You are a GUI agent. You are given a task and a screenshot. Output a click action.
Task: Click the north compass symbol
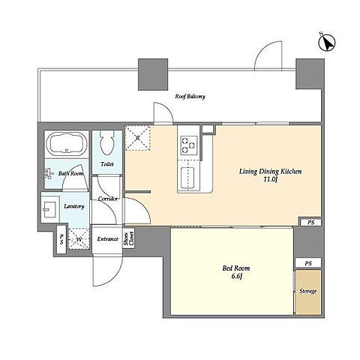[x=327, y=43]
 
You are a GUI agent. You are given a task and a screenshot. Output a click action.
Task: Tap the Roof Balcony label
[x=190, y=97]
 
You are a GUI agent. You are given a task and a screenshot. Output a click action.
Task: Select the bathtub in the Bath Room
[x=67, y=144]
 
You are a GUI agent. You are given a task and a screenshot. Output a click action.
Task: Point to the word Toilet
[x=107, y=164]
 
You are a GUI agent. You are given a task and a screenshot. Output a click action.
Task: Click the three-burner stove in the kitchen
[x=189, y=145]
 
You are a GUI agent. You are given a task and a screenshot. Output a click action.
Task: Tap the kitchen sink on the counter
[x=187, y=178]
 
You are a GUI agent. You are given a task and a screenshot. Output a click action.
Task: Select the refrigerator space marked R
[x=137, y=138]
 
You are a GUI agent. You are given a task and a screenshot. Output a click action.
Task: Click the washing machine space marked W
[x=79, y=239]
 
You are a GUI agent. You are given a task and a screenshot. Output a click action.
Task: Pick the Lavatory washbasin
[x=50, y=209]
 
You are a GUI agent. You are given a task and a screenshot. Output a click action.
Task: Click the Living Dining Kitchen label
[x=271, y=172]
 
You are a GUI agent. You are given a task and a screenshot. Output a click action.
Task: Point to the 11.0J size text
[x=271, y=179]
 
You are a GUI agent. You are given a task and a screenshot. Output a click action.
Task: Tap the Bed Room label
[x=236, y=268]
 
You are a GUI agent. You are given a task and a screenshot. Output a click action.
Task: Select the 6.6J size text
[x=236, y=276]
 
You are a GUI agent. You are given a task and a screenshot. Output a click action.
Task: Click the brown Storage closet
[x=308, y=292]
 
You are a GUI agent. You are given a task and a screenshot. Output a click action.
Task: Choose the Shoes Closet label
[x=129, y=238]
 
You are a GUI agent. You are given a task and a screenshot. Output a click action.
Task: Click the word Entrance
[x=107, y=239]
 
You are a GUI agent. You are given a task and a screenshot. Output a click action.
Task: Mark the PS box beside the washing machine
[x=61, y=239]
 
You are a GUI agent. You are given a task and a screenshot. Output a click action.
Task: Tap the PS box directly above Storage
[x=308, y=263]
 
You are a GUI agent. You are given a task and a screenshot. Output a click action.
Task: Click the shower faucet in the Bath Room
[x=49, y=173]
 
